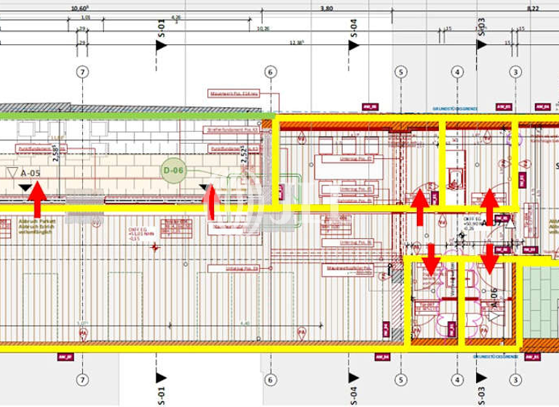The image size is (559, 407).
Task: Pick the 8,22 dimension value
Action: click(533, 9)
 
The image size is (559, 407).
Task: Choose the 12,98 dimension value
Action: click(296, 43)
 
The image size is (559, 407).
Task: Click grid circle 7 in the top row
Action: click(82, 72)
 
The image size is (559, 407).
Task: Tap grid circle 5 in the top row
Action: click(400, 72)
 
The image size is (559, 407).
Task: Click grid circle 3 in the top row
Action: click(515, 72)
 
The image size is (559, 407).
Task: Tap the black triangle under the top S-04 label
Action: click(354, 45)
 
